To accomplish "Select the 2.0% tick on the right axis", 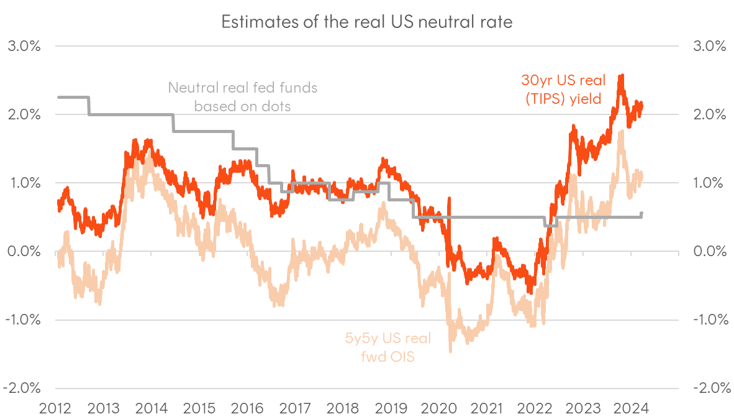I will pos(704,115).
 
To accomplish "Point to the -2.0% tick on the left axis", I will pos(23,389).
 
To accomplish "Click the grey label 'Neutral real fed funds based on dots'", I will pos(242,97).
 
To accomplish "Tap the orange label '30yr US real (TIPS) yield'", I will pos(560,88).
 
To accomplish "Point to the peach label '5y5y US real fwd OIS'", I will pos(387,347).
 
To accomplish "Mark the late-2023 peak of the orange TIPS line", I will pos(621,76).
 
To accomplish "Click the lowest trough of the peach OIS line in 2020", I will pos(450,351).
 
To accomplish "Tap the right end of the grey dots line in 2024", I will pos(642,213).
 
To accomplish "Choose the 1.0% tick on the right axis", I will pos(704,183).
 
